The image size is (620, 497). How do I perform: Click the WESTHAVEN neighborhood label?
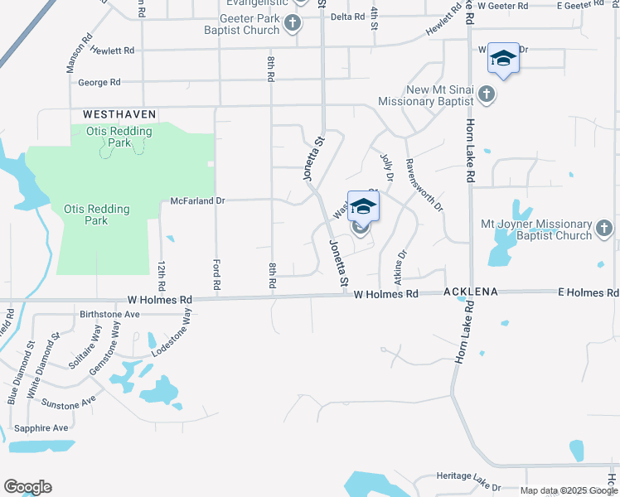tap(119, 113)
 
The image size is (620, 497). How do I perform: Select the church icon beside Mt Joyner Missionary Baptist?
tap(605, 228)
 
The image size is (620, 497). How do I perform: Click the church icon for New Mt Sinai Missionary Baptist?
tap(487, 96)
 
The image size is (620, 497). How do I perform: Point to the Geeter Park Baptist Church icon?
tap(293, 23)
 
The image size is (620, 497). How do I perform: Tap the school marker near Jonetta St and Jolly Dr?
tap(363, 207)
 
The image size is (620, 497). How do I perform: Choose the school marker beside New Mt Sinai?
tap(503, 58)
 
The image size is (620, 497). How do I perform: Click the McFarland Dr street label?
tap(197, 200)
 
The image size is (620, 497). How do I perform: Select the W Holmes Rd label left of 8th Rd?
tap(159, 300)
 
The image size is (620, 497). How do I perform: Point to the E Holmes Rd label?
tap(588, 293)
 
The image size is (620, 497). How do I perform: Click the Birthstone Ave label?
tap(110, 315)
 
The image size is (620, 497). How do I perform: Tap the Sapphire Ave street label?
tap(41, 428)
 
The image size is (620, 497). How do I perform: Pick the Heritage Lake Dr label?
tap(468, 478)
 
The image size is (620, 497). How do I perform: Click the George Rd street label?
tap(99, 83)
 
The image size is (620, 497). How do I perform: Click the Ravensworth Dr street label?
tap(422, 184)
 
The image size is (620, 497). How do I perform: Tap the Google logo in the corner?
tap(27, 487)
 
